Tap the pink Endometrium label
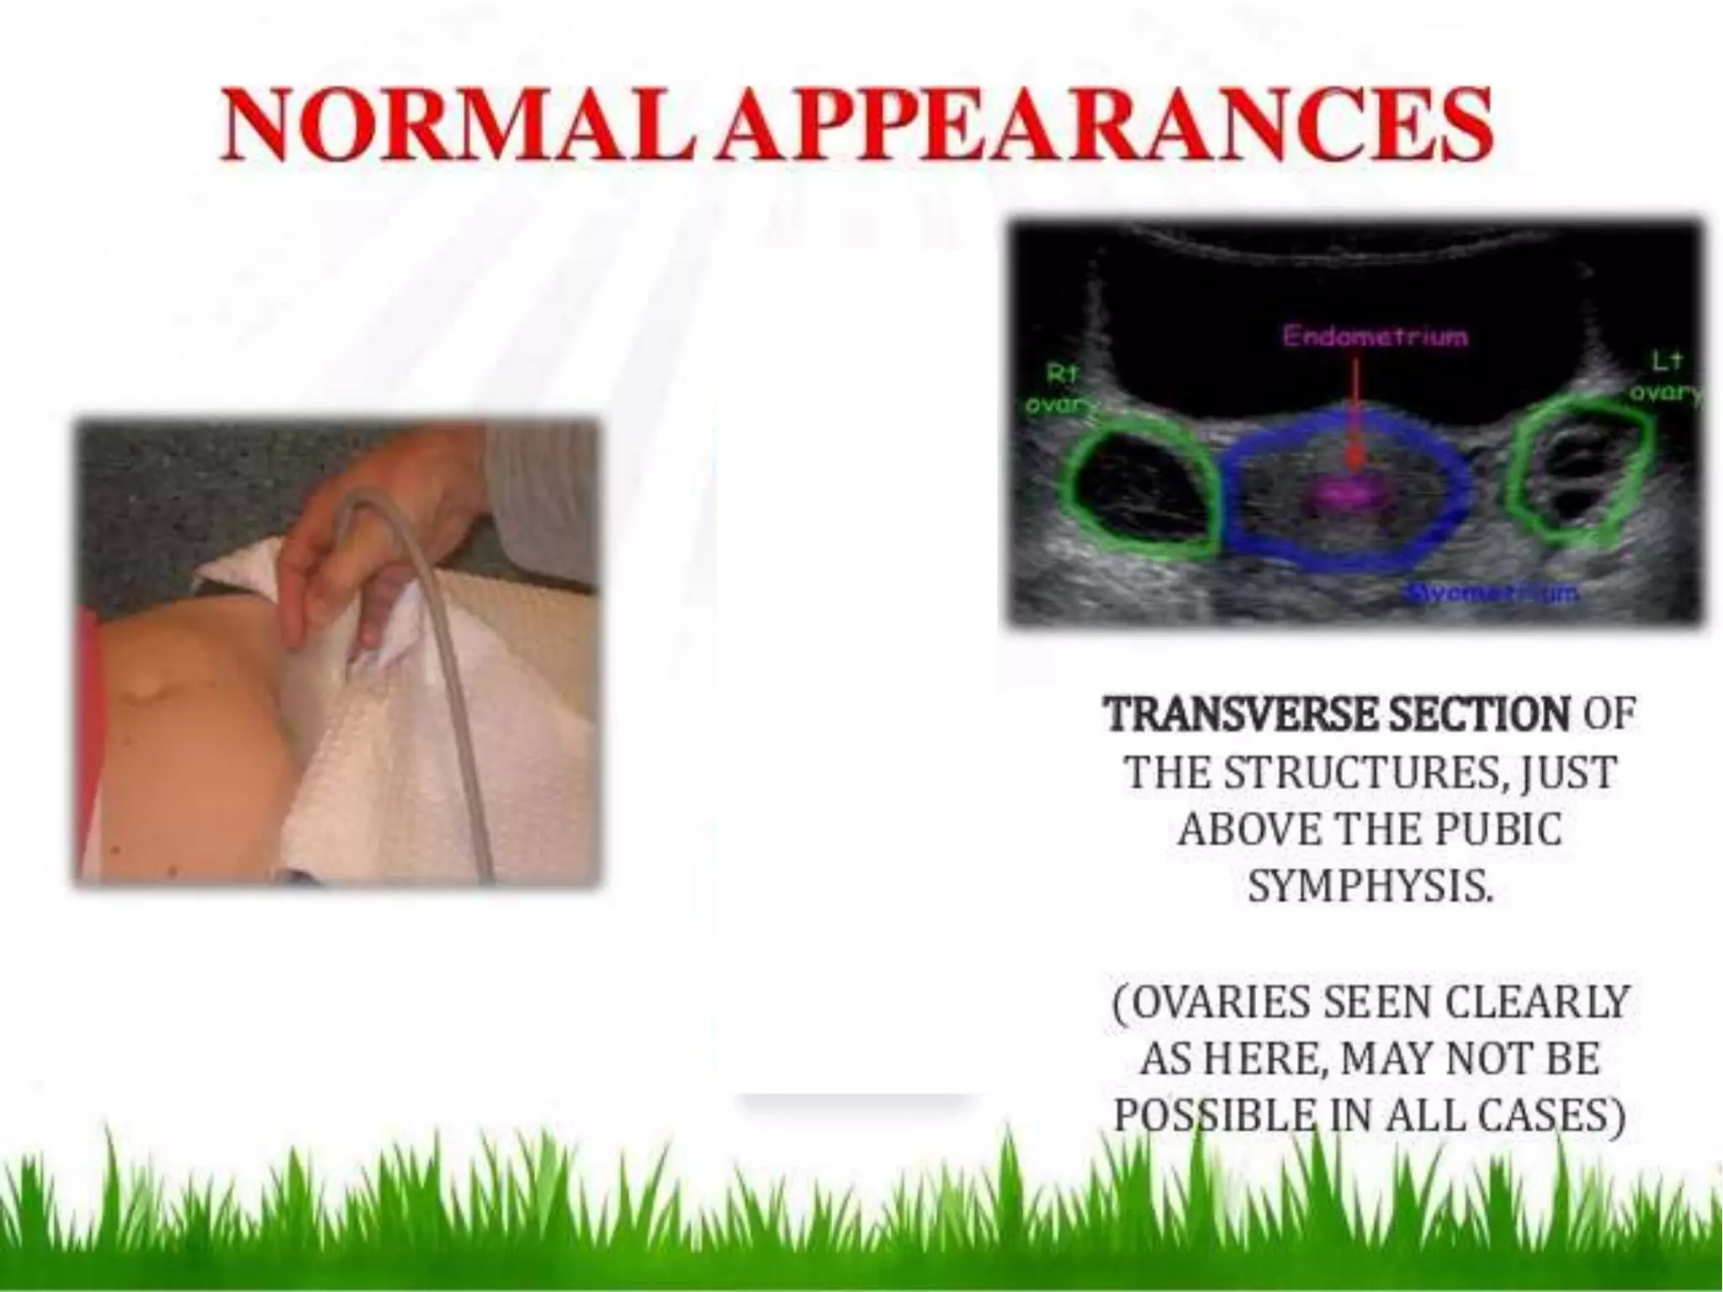pyautogui.click(x=1375, y=336)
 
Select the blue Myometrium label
pyautogui.click(x=1493, y=593)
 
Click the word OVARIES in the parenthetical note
pyautogui.click(x=1220, y=1002)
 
